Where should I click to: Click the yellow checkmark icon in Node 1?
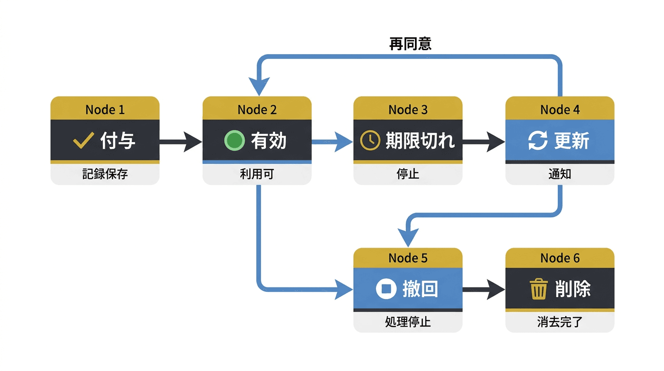83,141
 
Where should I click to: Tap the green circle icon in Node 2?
235,141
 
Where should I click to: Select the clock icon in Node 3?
370,141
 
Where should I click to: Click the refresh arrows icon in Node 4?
538,141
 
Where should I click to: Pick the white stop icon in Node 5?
386,289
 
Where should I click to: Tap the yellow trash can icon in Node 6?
539,289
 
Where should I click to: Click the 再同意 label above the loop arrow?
410,44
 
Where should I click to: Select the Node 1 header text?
105,110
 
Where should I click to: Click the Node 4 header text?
560,110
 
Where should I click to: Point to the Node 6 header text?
560,258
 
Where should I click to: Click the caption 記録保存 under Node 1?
105,174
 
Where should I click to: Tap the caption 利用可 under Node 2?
257,174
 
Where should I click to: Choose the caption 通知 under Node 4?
560,174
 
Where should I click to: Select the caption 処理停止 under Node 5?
408,322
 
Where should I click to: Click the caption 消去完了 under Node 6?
560,322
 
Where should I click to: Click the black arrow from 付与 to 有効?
180,142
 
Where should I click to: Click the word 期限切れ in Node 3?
420,141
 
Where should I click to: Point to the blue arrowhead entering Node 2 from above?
259,87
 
